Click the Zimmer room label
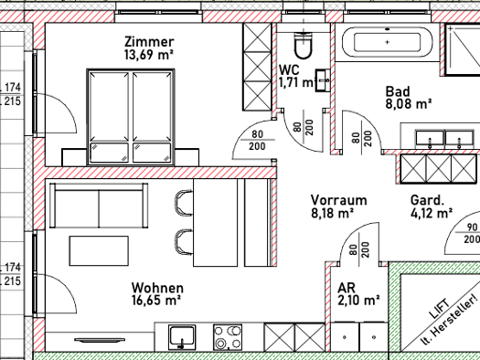point(149,42)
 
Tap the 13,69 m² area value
point(149,55)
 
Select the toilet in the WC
point(304,45)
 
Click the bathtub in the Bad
point(388,42)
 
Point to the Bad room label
point(398,91)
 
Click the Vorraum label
point(338,200)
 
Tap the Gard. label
point(427,200)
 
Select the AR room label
point(347,288)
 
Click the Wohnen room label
point(157,288)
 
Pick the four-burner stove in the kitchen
point(228,337)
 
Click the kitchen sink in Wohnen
point(182,337)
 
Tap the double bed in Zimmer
point(131,117)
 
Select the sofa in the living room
point(99,206)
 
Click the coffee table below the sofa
point(99,250)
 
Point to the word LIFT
point(439,308)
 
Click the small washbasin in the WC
point(323,80)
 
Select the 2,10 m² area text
point(358,300)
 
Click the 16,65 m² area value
point(156,300)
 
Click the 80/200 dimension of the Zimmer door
point(257,141)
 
